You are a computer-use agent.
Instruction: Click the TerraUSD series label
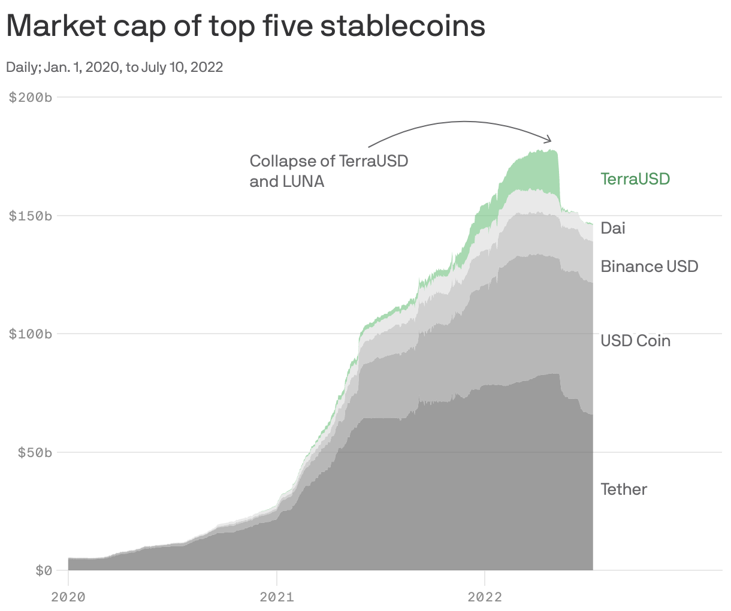[x=635, y=179]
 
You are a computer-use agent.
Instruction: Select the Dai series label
[x=613, y=228]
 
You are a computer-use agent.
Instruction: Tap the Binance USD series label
[x=650, y=267]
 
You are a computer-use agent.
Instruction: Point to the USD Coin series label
[x=635, y=341]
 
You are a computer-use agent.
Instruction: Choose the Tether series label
[x=624, y=489]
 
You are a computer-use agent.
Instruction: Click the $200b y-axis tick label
[x=30, y=97]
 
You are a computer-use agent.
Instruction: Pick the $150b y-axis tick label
[x=30, y=216]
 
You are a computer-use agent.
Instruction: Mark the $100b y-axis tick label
[x=30, y=334]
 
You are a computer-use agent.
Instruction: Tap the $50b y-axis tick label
[x=34, y=452]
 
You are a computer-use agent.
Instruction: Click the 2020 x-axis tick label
[x=68, y=597]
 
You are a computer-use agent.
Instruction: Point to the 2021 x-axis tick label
[x=277, y=597]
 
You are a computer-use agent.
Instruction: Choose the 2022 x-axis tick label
[x=484, y=597]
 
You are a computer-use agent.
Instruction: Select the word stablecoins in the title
[x=403, y=26]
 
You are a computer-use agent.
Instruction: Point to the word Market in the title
[x=60, y=26]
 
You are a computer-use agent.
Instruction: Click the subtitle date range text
[x=114, y=67]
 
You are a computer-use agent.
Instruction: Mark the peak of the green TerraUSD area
[x=552, y=150]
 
